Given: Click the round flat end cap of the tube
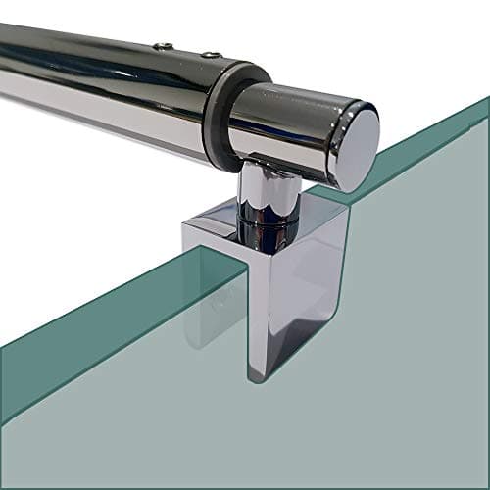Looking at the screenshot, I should tap(355, 146).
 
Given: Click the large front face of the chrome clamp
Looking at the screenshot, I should tap(294, 294).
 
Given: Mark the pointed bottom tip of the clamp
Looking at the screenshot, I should tap(257, 375).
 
